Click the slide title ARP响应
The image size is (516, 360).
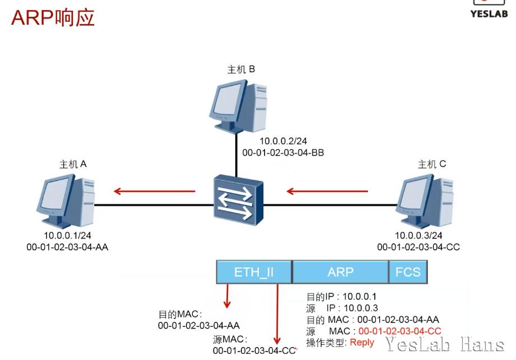point(53,17)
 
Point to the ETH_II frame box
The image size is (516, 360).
point(254,272)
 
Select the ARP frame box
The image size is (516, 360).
point(340,272)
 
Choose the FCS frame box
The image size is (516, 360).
point(407,272)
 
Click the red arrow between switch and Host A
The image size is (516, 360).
point(154,191)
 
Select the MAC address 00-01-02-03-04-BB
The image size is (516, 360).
point(283,152)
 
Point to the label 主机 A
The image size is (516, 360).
point(73,164)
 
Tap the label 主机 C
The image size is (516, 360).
point(431,164)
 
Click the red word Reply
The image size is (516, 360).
point(362,342)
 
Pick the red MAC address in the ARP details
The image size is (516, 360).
point(399,331)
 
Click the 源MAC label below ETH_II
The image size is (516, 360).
point(230,339)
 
